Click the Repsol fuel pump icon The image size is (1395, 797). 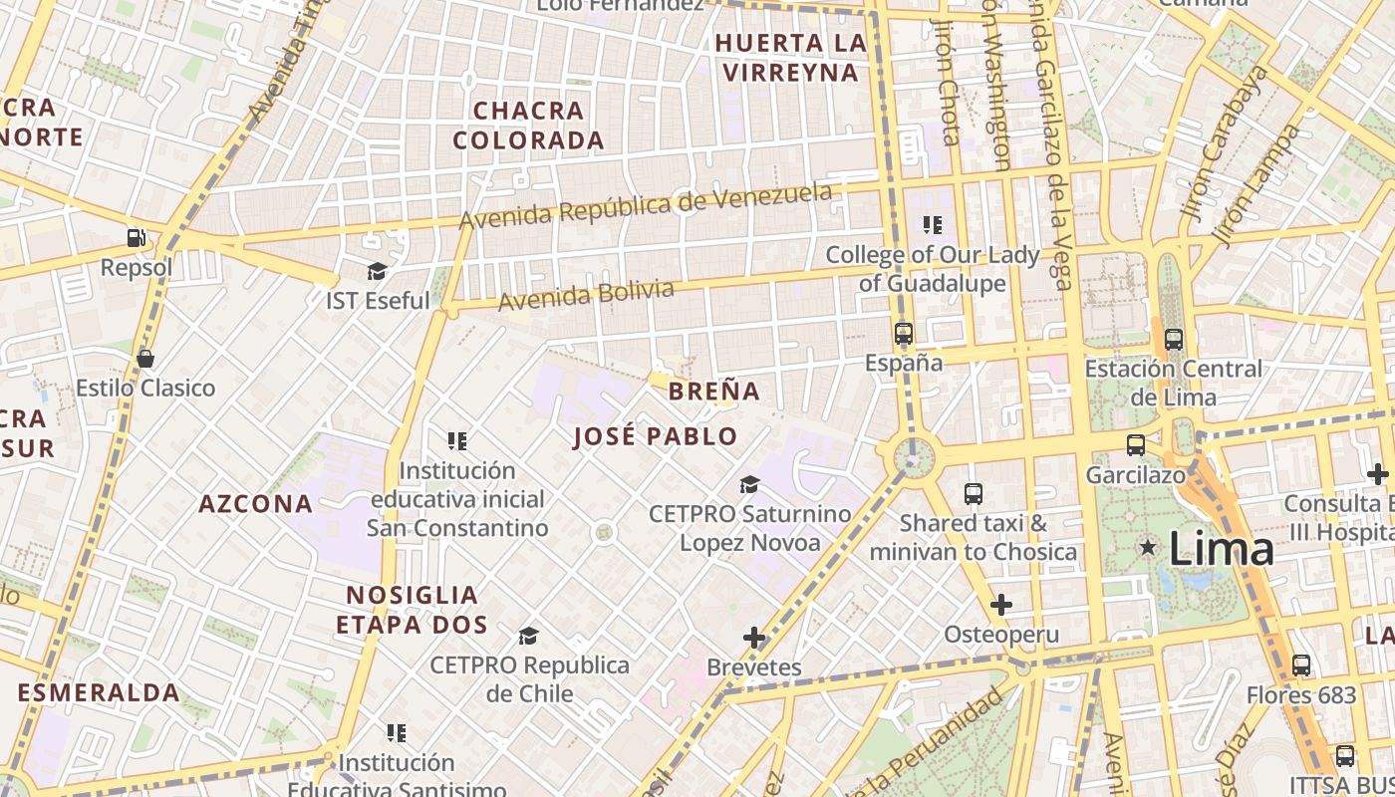pyautogui.click(x=136, y=238)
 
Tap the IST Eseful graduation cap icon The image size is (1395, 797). pyautogui.click(x=377, y=271)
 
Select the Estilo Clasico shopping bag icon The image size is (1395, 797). pyautogui.click(x=145, y=359)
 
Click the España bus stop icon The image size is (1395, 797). pyautogui.click(x=904, y=334)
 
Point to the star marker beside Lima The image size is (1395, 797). pyautogui.click(x=1148, y=547)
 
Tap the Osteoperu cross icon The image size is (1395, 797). pyautogui.click(x=1001, y=605)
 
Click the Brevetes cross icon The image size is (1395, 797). pyautogui.click(x=754, y=638)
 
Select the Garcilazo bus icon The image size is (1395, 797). pyautogui.click(x=1136, y=445)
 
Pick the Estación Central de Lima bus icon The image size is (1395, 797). pyautogui.click(x=1174, y=339)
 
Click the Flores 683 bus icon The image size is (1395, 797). pyautogui.click(x=1301, y=664)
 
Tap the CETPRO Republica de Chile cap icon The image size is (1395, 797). pyautogui.click(x=529, y=636)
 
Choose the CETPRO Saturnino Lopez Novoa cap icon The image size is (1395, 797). pyautogui.click(x=749, y=485)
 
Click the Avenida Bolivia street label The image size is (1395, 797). pyautogui.click(x=586, y=295)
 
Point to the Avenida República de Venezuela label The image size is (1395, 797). pyautogui.click(x=645, y=205)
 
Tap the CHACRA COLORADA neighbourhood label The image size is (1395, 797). pyautogui.click(x=529, y=126)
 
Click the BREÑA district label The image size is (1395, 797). pyautogui.click(x=714, y=391)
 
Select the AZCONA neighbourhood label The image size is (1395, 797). pyautogui.click(x=256, y=503)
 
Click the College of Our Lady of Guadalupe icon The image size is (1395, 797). pyautogui.click(x=933, y=225)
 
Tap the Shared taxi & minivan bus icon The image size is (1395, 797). pyautogui.click(x=974, y=493)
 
